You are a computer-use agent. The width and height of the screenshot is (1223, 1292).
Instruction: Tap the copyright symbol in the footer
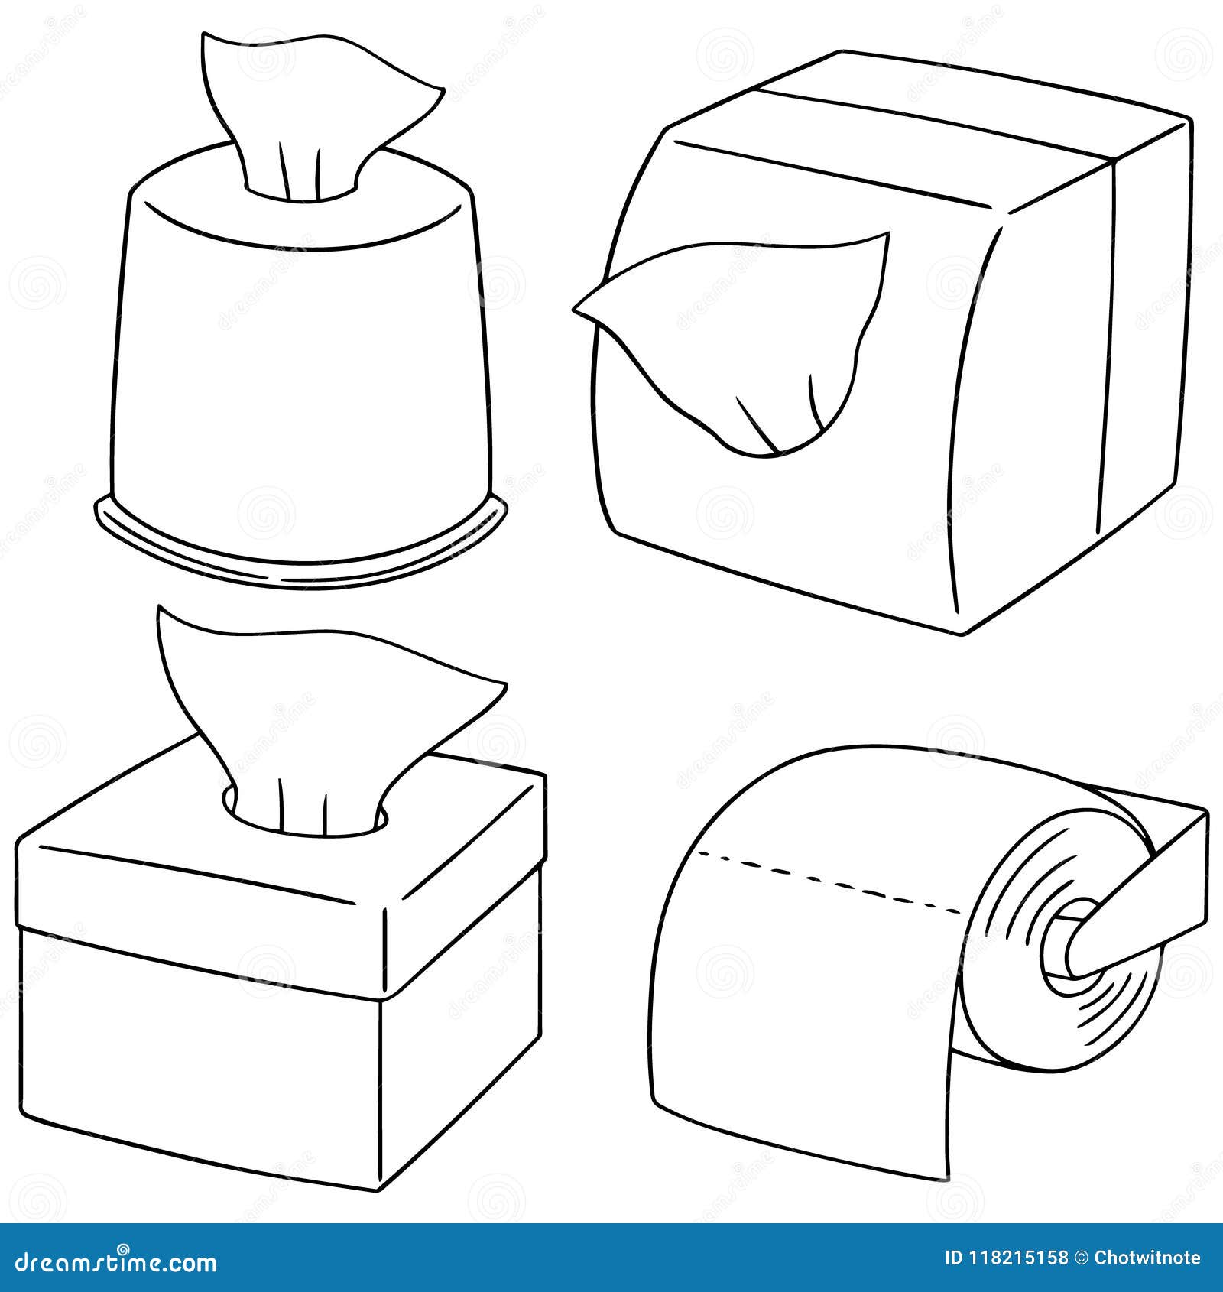pyautogui.click(x=1081, y=1258)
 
